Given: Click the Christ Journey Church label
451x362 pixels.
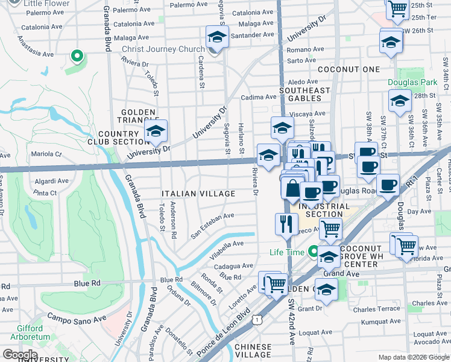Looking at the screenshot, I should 163,49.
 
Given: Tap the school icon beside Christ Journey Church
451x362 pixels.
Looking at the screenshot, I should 216,39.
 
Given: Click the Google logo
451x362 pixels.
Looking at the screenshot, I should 19,355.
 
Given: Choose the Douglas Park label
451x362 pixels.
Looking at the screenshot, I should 413,81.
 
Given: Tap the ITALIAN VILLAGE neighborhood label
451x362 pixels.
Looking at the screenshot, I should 198,194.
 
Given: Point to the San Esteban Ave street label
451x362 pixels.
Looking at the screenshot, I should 212,223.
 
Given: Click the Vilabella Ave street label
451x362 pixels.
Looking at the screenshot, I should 226,250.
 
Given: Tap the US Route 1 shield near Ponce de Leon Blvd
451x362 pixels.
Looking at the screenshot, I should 258,318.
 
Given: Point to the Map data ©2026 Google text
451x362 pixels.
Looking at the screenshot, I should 413,357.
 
